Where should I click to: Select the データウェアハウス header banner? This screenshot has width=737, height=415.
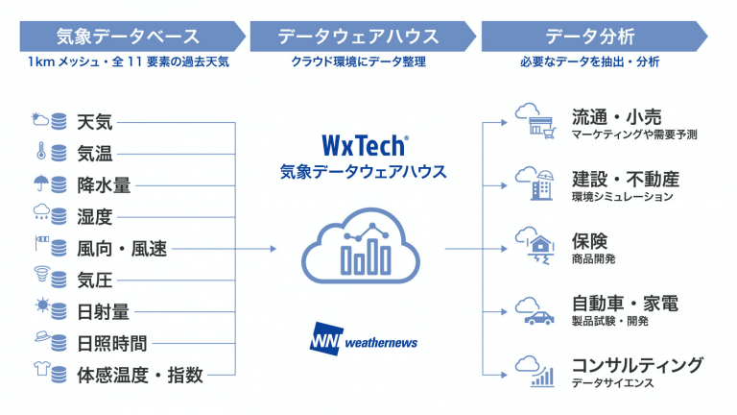click(x=359, y=37)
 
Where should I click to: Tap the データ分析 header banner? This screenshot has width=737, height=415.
click(x=591, y=37)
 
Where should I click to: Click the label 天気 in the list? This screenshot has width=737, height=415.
click(x=95, y=122)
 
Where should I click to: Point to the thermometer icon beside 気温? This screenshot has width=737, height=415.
click(x=40, y=153)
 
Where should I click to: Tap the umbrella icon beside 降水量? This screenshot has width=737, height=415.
click(x=40, y=184)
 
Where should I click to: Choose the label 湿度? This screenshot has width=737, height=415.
click(x=95, y=217)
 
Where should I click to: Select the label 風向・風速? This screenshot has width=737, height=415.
click(x=122, y=249)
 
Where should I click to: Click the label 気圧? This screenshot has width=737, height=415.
click(x=95, y=281)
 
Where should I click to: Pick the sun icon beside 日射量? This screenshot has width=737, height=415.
click(x=40, y=311)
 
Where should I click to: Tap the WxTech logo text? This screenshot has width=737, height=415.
click(x=362, y=147)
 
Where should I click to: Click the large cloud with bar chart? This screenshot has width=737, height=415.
click(x=361, y=248)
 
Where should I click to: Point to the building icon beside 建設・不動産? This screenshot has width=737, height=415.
click(x=533, y=182)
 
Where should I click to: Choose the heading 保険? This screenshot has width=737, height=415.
click(x=589, y=241)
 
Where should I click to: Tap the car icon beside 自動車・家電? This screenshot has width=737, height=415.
click(x=534, y=313)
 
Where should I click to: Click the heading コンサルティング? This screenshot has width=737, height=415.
click(x=636, y=366)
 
